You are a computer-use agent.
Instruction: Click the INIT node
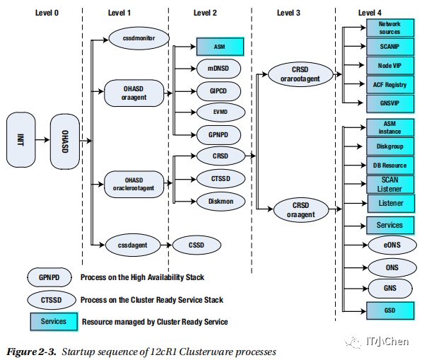click(20, 140)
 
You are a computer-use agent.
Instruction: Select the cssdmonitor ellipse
click(139, 38)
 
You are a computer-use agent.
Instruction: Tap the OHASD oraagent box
click(134, 93)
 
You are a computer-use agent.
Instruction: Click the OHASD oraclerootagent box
click(134, 184)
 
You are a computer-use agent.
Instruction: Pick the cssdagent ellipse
click(133, 245)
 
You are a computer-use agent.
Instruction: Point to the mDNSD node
click(218, 69)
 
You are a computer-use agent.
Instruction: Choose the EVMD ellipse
click(221, 112)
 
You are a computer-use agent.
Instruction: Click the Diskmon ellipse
click(221, 201)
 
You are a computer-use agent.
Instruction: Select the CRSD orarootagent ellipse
click(300, 74)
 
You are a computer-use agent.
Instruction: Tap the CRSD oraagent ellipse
click(301, 210)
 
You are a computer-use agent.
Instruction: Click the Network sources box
click(390, 28)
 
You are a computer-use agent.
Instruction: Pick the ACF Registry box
click(390, 85)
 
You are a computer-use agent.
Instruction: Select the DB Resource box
click(390, 166)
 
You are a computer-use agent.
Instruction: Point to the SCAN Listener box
click(390, 185)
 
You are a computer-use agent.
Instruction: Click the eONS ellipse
click(392, 245)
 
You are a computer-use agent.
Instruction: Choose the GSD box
click(390, 310)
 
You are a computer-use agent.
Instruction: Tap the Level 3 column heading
click(288, 13)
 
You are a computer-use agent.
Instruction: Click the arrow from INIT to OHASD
click(42, 140)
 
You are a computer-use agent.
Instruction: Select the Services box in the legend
click(54, 322)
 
